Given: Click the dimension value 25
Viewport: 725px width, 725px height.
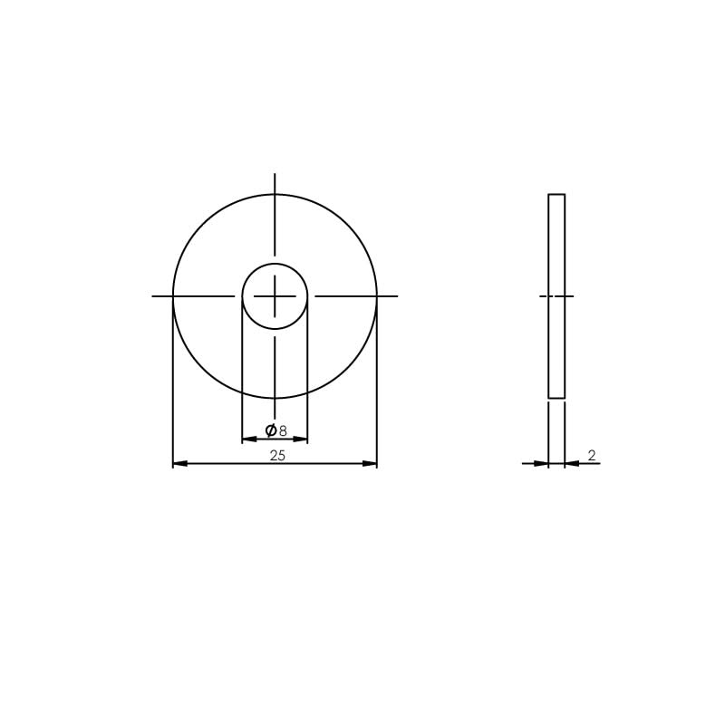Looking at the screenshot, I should tap(277, 456).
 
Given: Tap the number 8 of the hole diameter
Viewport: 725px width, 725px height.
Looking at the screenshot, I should tap(283, 431).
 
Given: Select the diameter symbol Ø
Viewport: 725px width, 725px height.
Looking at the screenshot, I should tap(270, 430).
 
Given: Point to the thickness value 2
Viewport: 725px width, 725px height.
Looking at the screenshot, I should tap(592, 456).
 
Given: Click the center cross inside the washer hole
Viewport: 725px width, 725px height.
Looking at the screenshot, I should tap(275, 296).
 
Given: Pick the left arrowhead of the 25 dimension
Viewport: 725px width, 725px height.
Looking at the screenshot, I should tap(179, 463).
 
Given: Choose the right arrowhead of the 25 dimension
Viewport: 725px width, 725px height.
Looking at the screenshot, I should tap(370, 463).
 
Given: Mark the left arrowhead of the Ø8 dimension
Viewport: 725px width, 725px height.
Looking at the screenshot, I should tap(248, 440).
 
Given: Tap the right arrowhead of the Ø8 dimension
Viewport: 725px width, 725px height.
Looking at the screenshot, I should tap(301, 440).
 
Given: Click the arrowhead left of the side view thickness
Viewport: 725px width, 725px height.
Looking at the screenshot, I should tap(542, 463).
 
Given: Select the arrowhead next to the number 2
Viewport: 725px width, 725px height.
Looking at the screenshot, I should tap(572, 463).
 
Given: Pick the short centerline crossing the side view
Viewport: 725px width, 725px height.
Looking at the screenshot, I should tap(556, 296).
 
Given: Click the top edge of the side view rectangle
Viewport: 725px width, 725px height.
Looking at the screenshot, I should tap(556, 194).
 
